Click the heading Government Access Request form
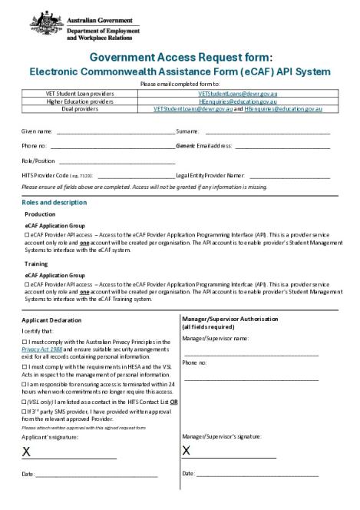point(180,57)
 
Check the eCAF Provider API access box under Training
point(27,283)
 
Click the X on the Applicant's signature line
point(26,451)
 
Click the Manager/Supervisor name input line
point(251,355)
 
